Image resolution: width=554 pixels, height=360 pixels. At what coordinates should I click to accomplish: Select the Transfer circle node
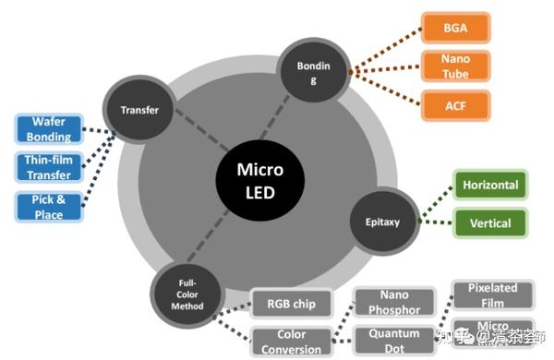pyautogui.click(x=139, y=110)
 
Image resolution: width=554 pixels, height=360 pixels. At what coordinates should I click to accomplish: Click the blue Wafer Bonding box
pyautogui.click(x=49, y=130)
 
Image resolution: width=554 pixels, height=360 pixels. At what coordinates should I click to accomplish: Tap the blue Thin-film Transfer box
pyautogui.click(x=49, y=167)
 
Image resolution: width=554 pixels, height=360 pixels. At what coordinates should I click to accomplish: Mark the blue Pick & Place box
pyautogui.click(x=49, y=207)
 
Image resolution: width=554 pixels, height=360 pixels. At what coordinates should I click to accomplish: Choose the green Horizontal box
pyautogui.click(x=489, y=185)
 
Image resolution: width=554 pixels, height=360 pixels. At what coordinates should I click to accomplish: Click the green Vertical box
pyautogui.click(x=489, y=222)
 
